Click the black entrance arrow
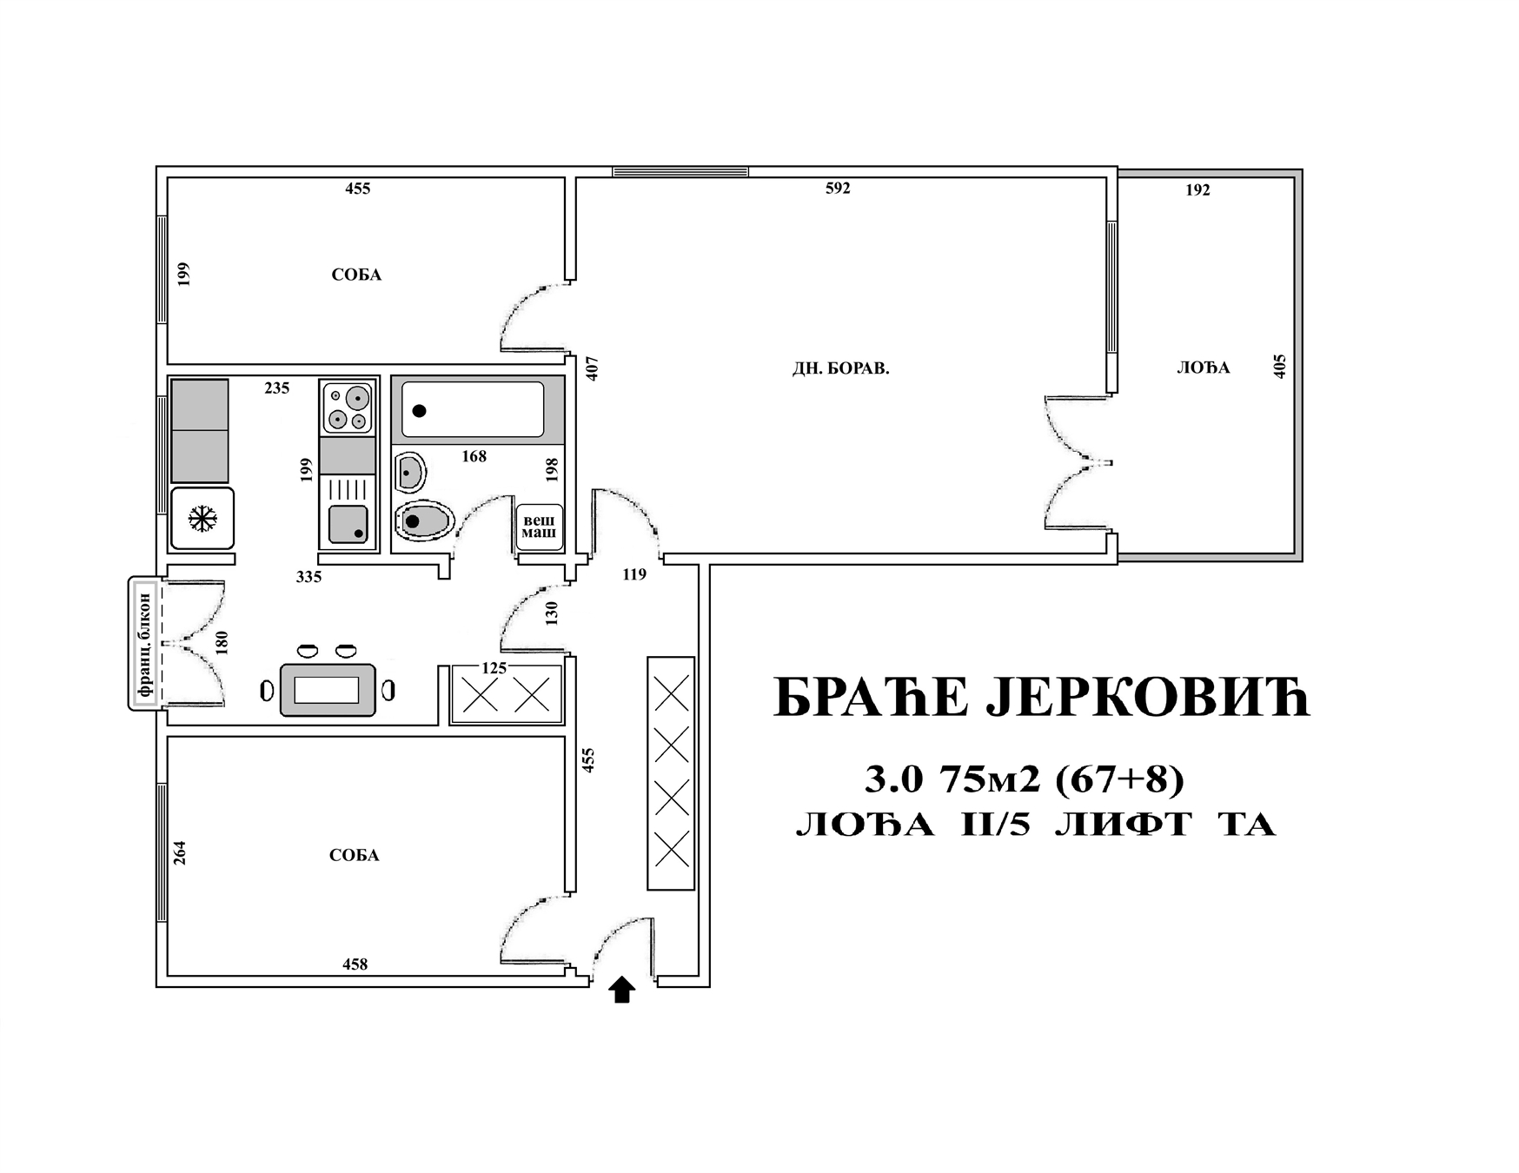[621, 990]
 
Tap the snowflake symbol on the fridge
[202, 520]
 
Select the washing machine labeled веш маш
[539, 527]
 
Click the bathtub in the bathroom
[473, 409]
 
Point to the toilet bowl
[424, 521]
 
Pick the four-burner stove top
[348, 407]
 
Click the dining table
[328, 690]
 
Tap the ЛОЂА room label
[1203, 368]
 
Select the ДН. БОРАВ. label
[840, 368]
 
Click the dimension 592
[838, 188]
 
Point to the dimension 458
[355, 964]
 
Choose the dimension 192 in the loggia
[1197, 189]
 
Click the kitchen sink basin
[348, 524]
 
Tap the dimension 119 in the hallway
[634, 573]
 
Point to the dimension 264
[180, 852]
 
